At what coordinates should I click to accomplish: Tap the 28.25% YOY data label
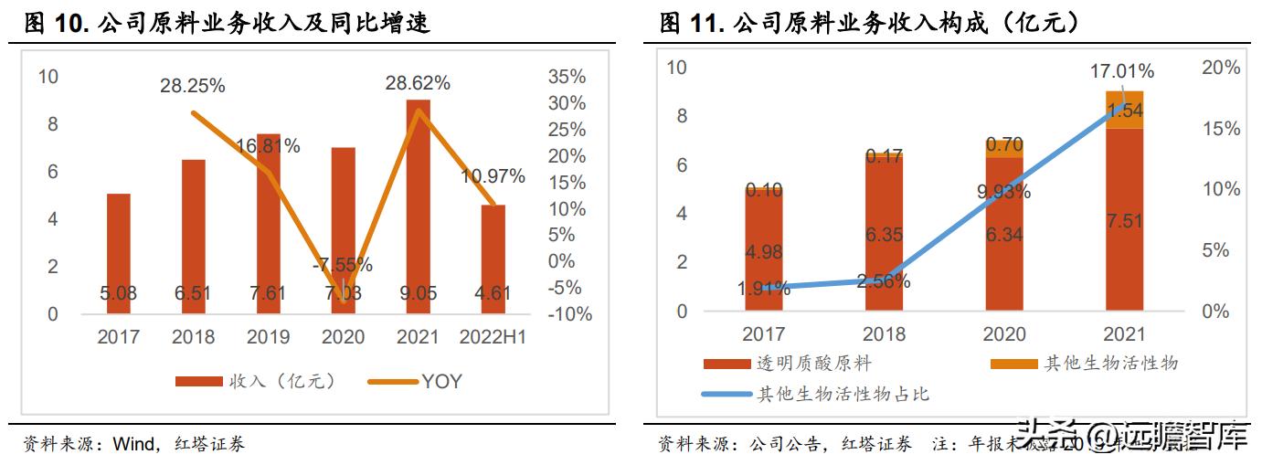192,87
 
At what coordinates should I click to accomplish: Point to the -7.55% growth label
343,265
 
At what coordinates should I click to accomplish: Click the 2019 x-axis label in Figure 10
268,337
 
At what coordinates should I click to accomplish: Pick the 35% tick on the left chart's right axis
567,77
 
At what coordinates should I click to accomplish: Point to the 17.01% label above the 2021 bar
1121,71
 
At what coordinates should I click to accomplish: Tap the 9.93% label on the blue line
1003,192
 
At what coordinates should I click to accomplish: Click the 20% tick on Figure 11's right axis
1221,68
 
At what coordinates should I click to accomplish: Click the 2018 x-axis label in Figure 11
884,334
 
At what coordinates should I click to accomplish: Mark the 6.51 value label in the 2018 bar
193,294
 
